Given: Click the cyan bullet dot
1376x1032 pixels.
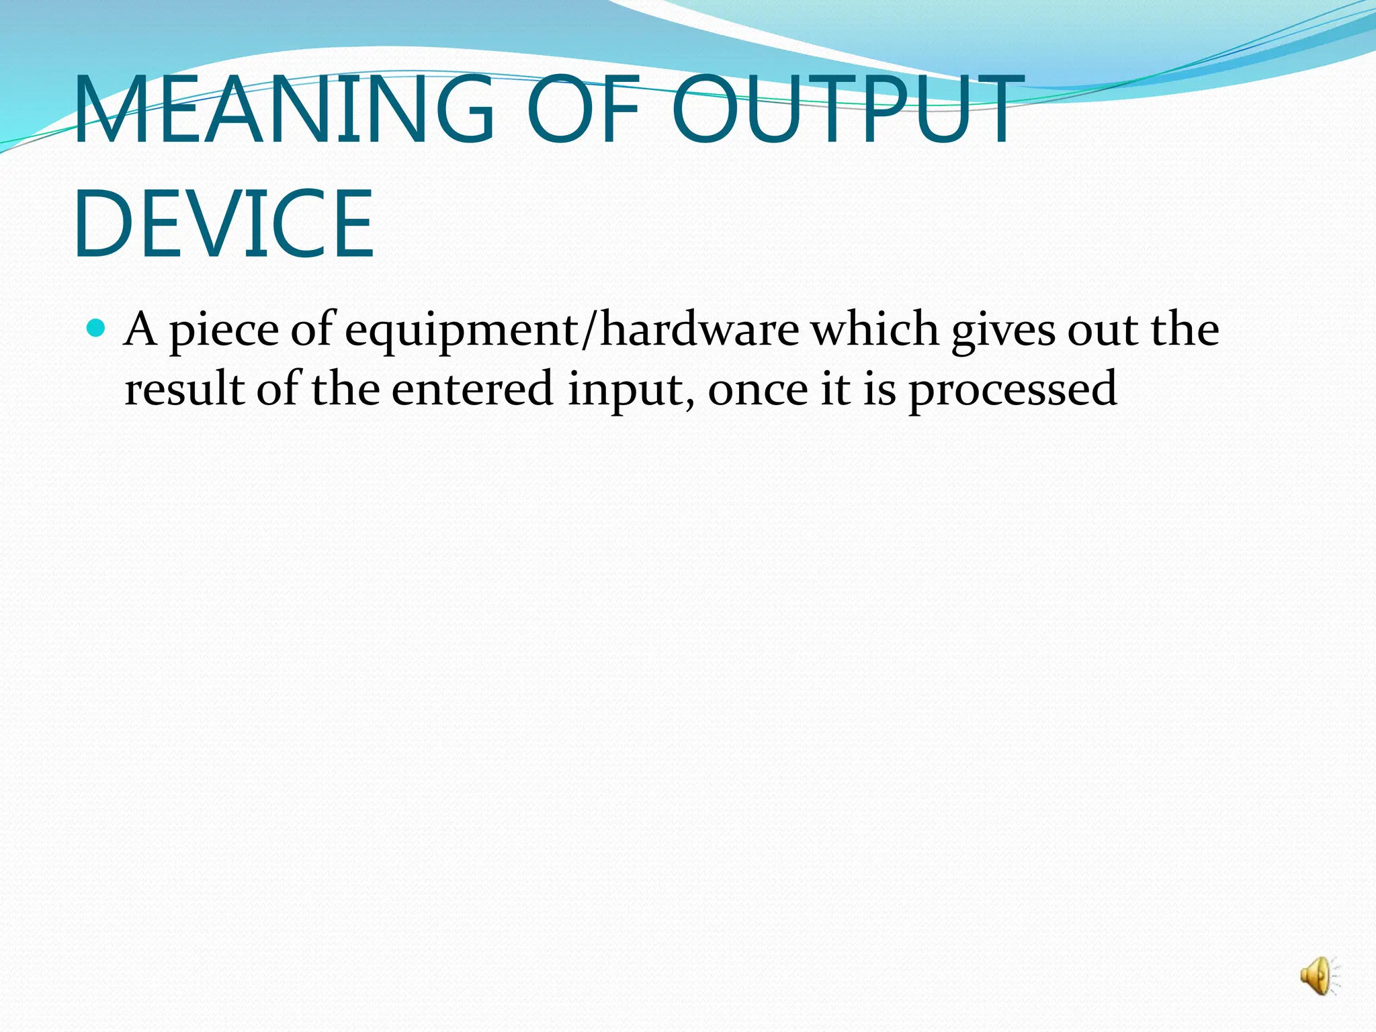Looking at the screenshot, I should point(97,329).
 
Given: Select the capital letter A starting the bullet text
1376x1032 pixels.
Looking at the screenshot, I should point(141,330).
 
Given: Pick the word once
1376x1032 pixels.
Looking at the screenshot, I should point(758,390).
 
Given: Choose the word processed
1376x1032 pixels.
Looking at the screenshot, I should point(1013,390).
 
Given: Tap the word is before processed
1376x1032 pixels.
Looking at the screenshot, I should point(879,389).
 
